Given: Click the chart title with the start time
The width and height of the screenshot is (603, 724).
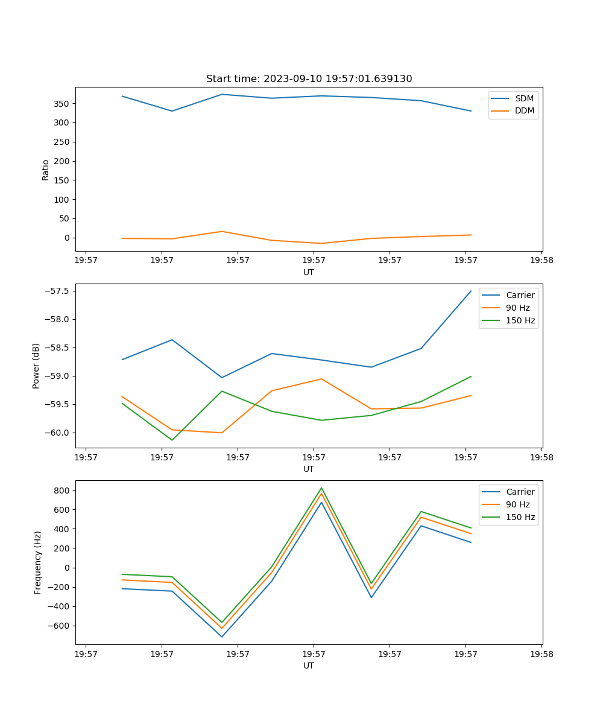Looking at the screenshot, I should click(309, 79).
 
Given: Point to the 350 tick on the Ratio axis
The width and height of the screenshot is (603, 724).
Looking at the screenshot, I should click(63, 104).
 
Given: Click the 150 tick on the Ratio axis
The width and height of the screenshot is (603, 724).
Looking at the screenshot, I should click(63, 180).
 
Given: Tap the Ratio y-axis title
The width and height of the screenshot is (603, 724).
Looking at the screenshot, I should click(46, 170).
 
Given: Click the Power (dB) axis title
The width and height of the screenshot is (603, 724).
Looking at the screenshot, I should click(36, 366).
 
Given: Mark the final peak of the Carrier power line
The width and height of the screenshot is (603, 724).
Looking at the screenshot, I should click(471, 291).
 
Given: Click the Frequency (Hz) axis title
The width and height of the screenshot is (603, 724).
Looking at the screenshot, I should click(38, 562).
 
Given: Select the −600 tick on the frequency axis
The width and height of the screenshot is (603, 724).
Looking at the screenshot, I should click(59, 626).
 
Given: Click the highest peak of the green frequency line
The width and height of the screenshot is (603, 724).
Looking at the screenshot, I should click(321, 488).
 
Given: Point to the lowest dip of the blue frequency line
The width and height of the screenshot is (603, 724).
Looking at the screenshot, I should click(222, 637).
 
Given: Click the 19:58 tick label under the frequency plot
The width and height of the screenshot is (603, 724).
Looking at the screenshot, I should click(541, 654).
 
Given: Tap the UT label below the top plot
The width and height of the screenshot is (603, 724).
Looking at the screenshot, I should click(309, 272).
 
